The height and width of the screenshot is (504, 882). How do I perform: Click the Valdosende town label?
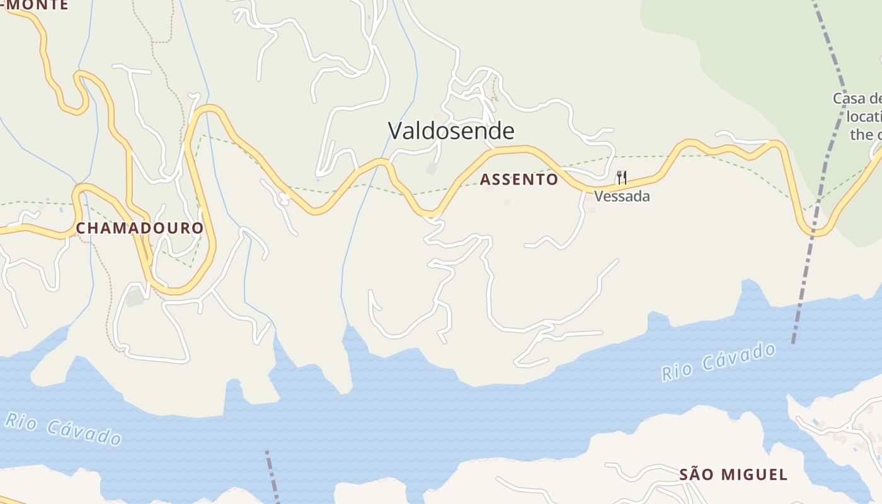[x=451, y=131]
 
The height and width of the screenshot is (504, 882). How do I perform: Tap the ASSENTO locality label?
[x=519, y=180]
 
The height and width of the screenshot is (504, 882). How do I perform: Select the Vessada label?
[x=622, y=197]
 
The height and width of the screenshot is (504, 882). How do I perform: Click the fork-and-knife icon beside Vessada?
[x=622, y=177]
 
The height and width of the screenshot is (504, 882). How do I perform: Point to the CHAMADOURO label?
[x=140, y=228]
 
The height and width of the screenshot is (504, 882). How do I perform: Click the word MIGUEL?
[x=754, y=474]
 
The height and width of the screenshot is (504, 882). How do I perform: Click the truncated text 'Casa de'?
[x=857, y=99]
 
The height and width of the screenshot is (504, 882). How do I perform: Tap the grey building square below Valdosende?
[x=432, y=169]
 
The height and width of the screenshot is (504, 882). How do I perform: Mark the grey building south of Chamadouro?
[x=135, y=297]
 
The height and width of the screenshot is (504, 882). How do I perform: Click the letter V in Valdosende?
[x=395, y=131]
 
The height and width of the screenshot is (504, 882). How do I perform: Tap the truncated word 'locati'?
[x=864, y=117]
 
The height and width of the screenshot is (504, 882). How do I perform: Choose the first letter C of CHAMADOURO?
[x=81, y=228]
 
